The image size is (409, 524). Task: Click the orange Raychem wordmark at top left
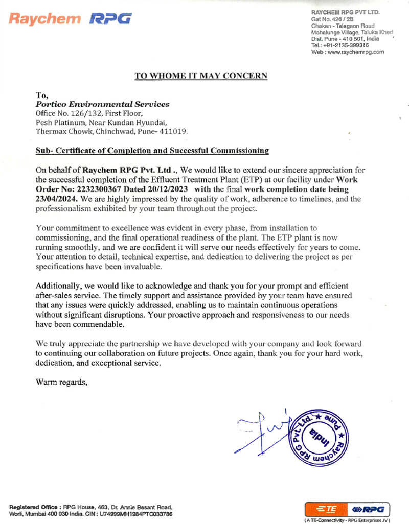[45, 19]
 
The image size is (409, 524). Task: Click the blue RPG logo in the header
[110, 19]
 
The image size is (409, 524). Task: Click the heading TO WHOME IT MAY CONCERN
[200, 76]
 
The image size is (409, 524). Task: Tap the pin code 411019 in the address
[175, 131]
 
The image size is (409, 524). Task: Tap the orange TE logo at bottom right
[326, 509]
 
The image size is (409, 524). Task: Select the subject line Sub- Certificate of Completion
[152, 150]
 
